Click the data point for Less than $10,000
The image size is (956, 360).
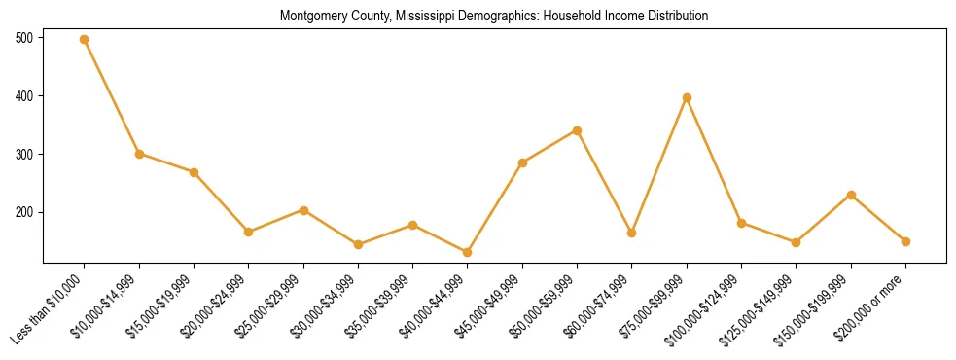click(x=85, y=40)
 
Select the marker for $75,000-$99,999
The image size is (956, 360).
click(x=687, y=97)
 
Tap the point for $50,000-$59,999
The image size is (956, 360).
click(x=578, y=130)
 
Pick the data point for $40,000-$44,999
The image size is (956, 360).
click(x=468, y=252)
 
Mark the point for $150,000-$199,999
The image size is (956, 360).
click(x=851, y=195)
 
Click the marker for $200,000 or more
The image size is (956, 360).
click(x=905, y=241)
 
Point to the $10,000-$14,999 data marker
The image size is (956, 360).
click(x=139, y=154)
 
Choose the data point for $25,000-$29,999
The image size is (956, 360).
click(x=303, y=210)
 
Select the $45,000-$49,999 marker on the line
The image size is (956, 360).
click(x=522, y=162)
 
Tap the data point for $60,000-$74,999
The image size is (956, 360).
click(x=632, y=233)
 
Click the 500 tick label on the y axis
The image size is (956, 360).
click(x=24, y=38)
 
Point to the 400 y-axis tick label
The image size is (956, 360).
click(x=24, y=96)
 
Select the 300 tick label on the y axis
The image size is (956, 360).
click(x=24, y=154)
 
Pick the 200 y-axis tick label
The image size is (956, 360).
click(x=24, y=212)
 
